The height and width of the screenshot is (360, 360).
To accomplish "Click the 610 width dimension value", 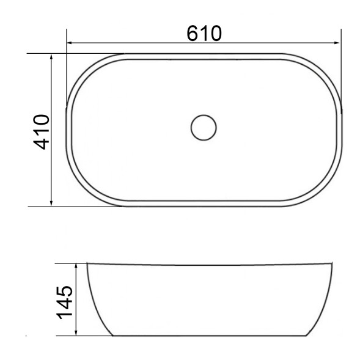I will (204, 32).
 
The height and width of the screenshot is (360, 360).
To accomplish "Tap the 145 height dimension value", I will (65, 300).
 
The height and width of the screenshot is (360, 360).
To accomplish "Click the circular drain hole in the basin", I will (204, 127).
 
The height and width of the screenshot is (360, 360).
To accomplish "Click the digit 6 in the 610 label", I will (194, 32).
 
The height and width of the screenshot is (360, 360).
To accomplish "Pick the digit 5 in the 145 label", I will (65, 288).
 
